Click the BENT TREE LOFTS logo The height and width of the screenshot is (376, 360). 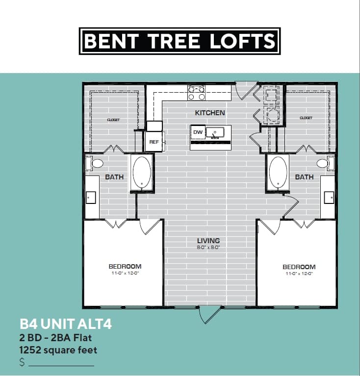(180, 41)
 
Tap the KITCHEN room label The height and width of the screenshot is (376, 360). (210, 113)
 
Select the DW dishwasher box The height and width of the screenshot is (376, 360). (198, 132)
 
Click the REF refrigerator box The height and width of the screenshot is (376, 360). (153, 142)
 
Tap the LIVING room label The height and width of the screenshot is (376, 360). (208, 241)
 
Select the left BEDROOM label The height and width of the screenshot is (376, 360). (125, 267)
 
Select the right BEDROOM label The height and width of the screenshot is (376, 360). (299, 267)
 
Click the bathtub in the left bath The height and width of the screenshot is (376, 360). (142, 173)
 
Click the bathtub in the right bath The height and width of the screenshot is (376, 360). (278, 173)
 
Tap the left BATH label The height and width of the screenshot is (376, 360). (114, 177)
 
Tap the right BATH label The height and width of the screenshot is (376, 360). (304, 177)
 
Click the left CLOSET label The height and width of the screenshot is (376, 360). (113, 120)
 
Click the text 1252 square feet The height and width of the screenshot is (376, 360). (58, 350)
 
